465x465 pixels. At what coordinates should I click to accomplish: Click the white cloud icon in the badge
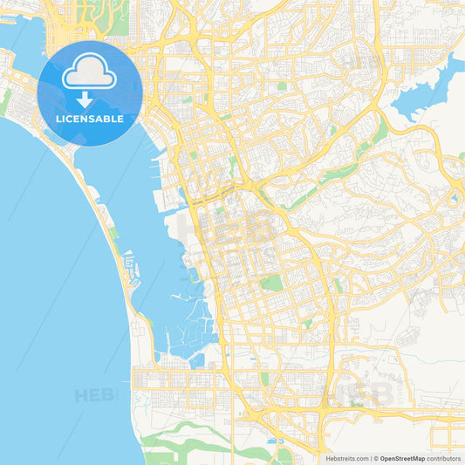(90, 73)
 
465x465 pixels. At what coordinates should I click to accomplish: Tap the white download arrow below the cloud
(90, 97)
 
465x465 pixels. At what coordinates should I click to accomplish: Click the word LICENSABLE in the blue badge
(90, 118)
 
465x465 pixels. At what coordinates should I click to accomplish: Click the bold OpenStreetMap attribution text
(402, 458)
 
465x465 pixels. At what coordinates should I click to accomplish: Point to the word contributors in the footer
(443, 458)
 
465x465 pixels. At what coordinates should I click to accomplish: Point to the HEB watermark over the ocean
(94, 395)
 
